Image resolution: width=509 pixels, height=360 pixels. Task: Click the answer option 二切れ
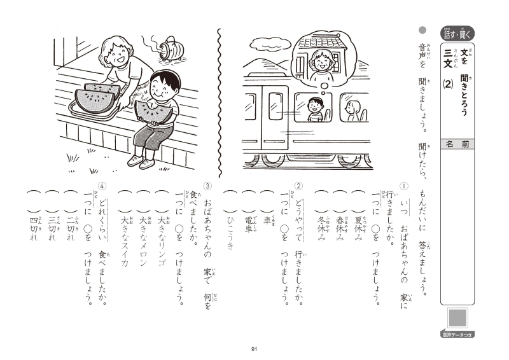click(x=71, y=228)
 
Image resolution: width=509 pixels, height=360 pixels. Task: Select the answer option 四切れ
click(x=34, y=228)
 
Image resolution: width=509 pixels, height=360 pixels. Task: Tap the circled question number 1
click(x=404, y=186)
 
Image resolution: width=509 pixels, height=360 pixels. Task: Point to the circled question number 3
click(x=207, y=186)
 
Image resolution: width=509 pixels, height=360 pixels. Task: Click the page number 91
click(x=254, y=349)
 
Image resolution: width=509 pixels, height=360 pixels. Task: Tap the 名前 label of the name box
click(x=457, y=144)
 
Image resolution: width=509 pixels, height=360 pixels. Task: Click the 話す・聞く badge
click(x=457, y=34)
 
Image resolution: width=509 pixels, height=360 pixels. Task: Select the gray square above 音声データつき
click(x=457, y=317)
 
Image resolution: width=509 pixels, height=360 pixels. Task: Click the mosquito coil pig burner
click(x=171, y=49)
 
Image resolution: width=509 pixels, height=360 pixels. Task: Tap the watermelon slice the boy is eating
click(x=153, y=112)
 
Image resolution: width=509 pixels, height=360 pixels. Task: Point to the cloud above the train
click(x=271, y=43)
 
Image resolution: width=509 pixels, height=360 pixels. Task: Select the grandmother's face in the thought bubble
click(x=321, y=62)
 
